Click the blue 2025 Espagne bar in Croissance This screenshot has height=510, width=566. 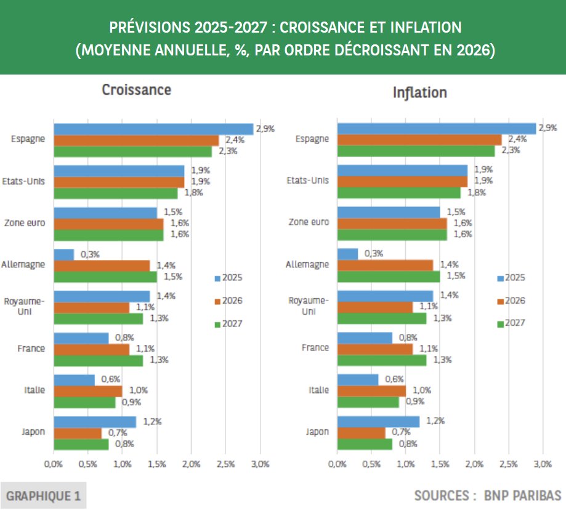(153, 129)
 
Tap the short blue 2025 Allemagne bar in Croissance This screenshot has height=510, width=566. (64, 254)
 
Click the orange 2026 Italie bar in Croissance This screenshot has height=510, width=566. (88, 391)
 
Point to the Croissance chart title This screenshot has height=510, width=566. (136, 90)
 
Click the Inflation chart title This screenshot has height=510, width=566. (419, 93)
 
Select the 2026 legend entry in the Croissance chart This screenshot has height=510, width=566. (228, 301)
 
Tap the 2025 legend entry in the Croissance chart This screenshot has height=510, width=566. (228, 278)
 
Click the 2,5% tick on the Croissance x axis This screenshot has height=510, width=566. (225, 463)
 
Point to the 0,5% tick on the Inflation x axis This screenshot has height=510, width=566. (371, 463)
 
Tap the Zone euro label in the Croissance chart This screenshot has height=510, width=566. (25, 223)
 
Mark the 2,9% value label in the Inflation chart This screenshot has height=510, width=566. (547, 128)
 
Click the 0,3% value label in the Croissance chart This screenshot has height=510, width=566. (90, 254)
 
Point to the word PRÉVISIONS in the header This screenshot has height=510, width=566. (146, 28)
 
